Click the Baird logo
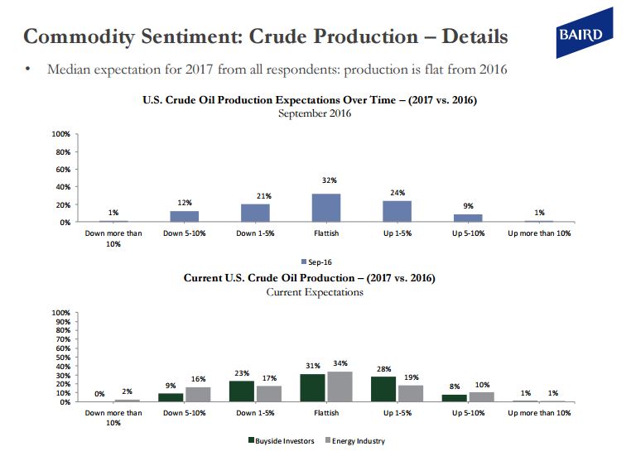(585, 33)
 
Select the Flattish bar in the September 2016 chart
(326, 208)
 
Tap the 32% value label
(330, 180)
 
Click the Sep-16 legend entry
(316, 262)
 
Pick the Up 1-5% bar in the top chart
(397, 212)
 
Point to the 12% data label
(185, 203)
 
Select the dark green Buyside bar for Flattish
(313, 388)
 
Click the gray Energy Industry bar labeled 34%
(340, 386)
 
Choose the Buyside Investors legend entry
(282, 441)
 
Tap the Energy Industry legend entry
(355, 441)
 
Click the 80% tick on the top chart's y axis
(63, 152)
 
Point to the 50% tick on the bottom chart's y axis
(63, 357)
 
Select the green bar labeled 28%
(383, 389)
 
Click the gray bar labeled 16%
(198, 395)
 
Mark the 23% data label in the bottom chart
(242, 373)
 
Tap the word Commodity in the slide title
(79, 37)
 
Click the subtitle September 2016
(315, 113)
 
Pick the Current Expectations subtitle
(315, 292)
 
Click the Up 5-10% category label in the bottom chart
(468, 413)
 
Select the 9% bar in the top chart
(468, 218)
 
